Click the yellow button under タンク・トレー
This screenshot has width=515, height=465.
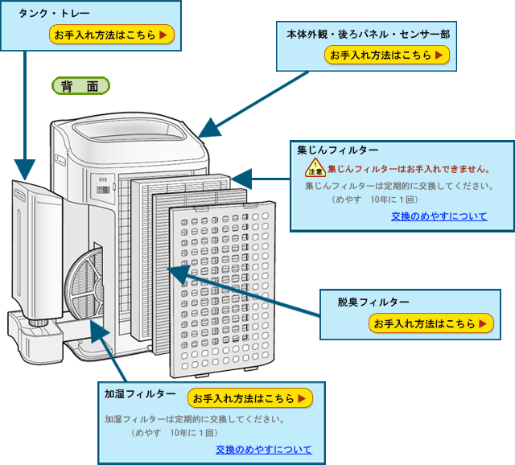pos(111,35)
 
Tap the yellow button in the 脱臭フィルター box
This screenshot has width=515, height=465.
pos(431,323)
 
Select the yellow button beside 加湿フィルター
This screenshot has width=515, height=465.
pos(249,398)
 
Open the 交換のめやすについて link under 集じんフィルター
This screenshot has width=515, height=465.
pos(439,216)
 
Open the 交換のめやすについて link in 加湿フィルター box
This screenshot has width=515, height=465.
pos(263,450)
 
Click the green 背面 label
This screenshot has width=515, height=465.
pos(80,86)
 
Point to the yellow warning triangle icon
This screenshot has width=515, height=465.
pos(315,169)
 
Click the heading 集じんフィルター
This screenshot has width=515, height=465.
pos(337,150)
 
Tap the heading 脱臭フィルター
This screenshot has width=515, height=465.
pos(373,302)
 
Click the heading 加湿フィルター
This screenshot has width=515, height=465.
pos(140,393)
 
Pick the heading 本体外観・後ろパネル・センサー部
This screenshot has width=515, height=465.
pos(368,35)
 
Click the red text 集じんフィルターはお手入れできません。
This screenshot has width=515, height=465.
pos(409,169)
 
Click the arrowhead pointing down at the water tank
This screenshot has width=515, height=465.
pos(25,170)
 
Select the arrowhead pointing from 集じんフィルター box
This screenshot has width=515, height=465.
pos(242,178)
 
